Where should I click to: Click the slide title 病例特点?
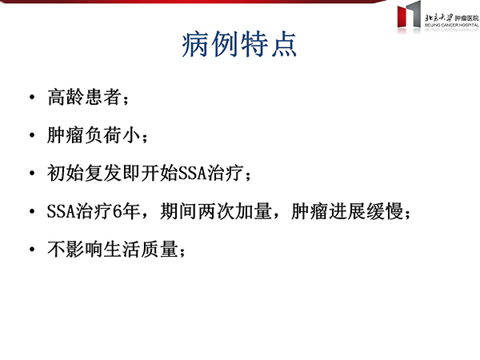(x=239, y=44)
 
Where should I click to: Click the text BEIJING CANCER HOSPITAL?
(x=451, y=25)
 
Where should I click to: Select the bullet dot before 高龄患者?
(x=32, y=98)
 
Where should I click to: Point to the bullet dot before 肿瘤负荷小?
(x=32, y=135)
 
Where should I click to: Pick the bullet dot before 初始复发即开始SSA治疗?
(x=32, y=173)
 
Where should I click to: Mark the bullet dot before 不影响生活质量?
(x=32, y=249)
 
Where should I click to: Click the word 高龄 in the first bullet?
(x=66, y=97)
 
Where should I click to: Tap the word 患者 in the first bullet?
(x=102, y=97)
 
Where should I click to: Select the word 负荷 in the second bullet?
(x=102, y=135)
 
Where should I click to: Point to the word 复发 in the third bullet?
(x=103, y=173)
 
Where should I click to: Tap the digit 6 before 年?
(x=118, y=211)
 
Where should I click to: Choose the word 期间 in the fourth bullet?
(x=178, y=211)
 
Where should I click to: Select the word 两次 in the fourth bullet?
(x=216, y=211)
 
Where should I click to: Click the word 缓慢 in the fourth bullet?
(x=385, y=211)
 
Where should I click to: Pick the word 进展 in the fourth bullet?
(x=347, y=211)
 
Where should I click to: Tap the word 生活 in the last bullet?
(x=122, y=249)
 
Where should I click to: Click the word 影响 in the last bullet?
(x=84, y=249)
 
